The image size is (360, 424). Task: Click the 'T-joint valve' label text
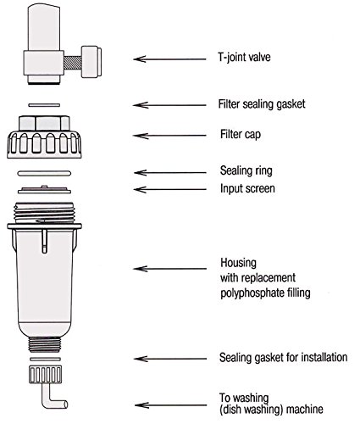pyautogui.click(x=245, y=58)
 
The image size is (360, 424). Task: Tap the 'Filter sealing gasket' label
pyautogui.click(x=262, y=104)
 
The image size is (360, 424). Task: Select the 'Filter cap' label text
pyautogui.click(x=241, y=134)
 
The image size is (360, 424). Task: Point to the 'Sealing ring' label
pyautogui.click(x=246, y=170)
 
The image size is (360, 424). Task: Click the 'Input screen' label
pyautogui.click(x=247, y=188)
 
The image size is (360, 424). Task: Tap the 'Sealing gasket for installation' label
pyautogui.click(x=283, y=357)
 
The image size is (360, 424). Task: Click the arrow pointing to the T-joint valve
pyautogui.click(x=169, y=59)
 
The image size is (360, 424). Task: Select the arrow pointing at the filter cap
pyautogui.click(x=169, y=136)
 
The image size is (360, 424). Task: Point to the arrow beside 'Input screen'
pyautogui.click(x=169, y=189)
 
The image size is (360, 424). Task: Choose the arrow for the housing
pyautogui.click(x=169, y=268)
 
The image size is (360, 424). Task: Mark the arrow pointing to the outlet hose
pyautogui.click(x=170, y=405)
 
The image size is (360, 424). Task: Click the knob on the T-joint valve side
pyautogui.click(x=91, y=62)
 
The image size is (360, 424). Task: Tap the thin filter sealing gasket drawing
pyautogui.click(x=44, y=105)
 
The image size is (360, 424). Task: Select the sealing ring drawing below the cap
pyautogui.click(x=44, y=173)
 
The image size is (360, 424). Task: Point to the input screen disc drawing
pyautogui.click(x=44, y=190)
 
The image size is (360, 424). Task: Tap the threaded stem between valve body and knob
pyautogui.click(x=73, y=62)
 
